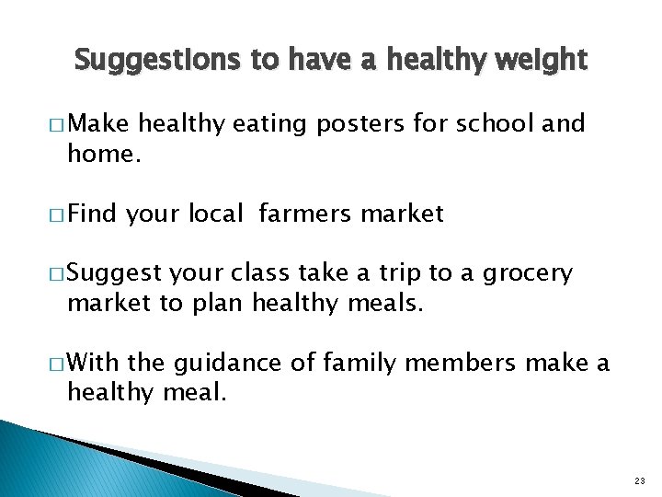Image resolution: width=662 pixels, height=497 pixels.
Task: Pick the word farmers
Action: (304, 214)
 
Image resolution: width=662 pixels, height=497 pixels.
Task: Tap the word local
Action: (217, 214)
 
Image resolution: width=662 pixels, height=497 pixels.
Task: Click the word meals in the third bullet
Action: (382, 304)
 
